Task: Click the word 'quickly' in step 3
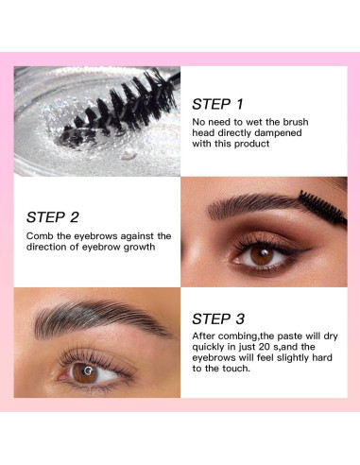tap(214, 349)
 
